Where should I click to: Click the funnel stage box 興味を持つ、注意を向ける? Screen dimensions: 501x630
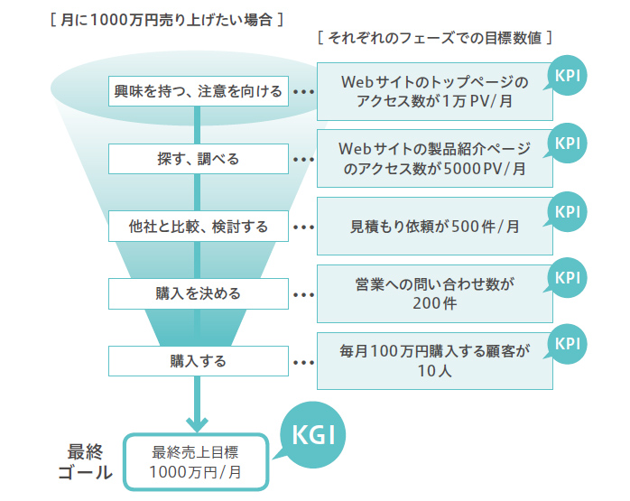click(x=198, y=91)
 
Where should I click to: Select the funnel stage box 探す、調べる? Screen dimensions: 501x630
click(x=198, y=159)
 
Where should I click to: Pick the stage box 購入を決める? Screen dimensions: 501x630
click(x=198, y=293)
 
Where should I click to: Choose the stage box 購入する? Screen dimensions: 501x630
click(x=198, y=361)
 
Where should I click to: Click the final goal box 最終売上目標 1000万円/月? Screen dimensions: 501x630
click(x=196, y=461)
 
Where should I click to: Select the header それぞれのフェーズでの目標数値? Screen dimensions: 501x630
click(x=434, y=39)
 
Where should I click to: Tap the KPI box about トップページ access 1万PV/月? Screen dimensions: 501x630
click(x=433, y=91)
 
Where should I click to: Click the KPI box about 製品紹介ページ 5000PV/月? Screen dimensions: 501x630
click(x=433, y=159)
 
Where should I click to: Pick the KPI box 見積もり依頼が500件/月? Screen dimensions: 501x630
click(x=433, y=227)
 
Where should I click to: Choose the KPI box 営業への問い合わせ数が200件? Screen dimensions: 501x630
click(x=433, y=293)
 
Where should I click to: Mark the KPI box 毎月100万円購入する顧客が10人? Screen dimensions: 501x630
click(x=433, y=361)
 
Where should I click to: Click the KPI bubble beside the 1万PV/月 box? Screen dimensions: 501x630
click(x=568, y=75)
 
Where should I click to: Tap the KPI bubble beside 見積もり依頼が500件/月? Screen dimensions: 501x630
click(x=568, y=210)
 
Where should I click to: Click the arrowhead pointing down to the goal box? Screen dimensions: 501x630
click(x=198, y=423)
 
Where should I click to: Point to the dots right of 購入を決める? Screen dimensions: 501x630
click(x=303, y=294)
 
